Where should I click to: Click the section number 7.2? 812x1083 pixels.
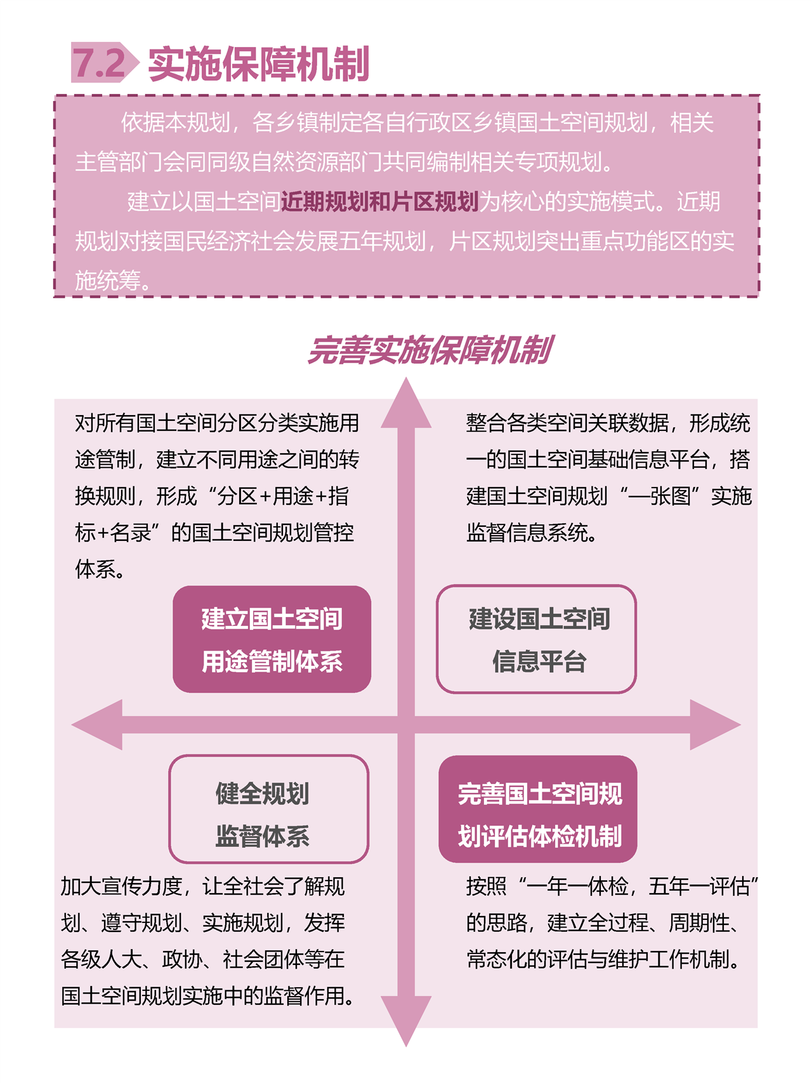point(100,63)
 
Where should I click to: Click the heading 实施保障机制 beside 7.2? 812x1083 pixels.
point(258,63)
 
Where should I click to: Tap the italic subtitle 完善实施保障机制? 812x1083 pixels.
point(430,350)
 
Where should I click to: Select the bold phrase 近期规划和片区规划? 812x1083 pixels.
point(379,201)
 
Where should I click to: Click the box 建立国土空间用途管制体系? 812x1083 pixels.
point(272,639)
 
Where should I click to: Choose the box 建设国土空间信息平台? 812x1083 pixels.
point(536,639)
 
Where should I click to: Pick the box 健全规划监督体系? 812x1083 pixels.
point(269,809)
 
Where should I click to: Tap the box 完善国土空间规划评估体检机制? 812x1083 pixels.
point(538,809)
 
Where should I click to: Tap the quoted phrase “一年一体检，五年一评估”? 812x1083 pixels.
point(638,886)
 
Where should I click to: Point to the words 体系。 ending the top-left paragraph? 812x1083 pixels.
point(100,569)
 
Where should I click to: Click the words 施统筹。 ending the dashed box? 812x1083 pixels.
point(114,280)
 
